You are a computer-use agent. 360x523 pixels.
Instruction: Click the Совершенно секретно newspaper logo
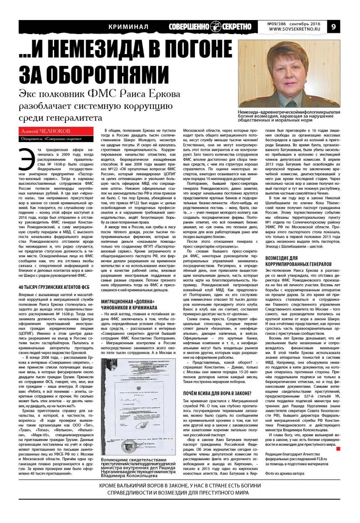pyautogui.click(x=211, y=27)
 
